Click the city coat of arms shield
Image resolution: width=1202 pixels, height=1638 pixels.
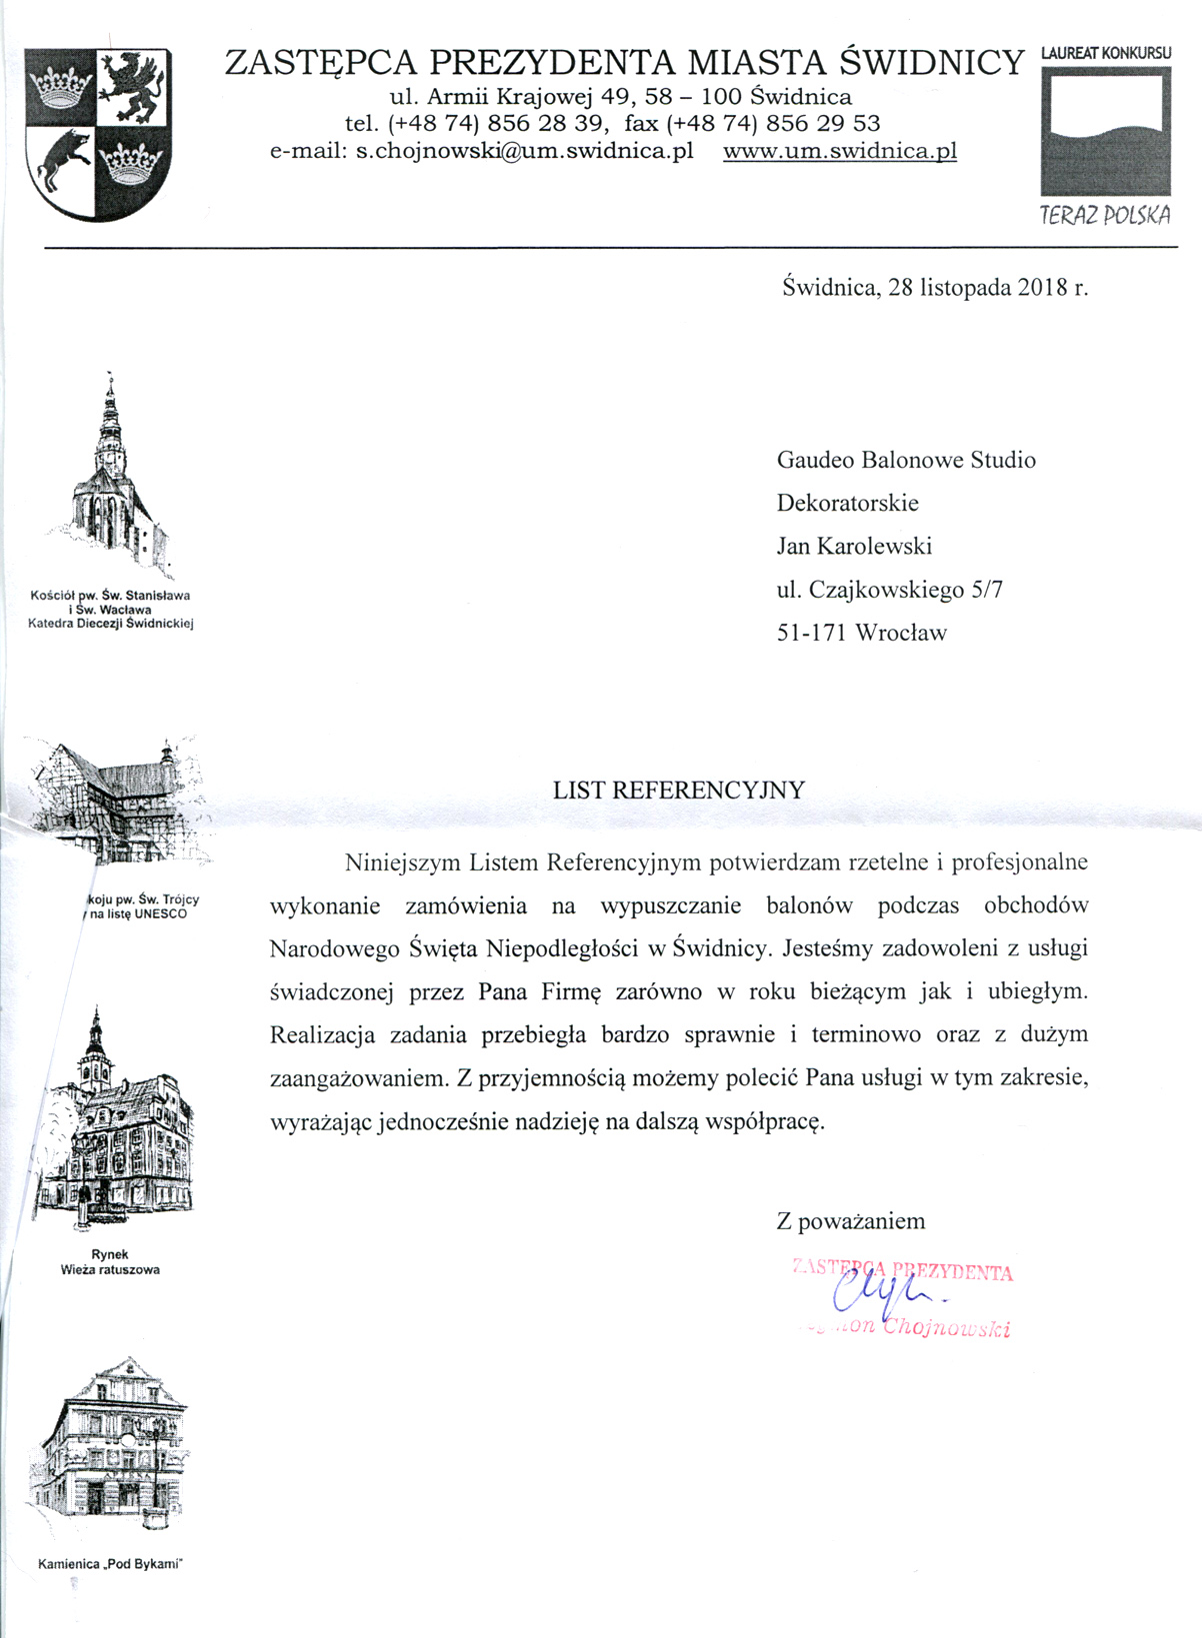pyautogui.click(x=98, y=135)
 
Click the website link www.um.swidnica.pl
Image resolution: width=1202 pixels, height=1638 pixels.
pyautogui.click(x=840, y=151)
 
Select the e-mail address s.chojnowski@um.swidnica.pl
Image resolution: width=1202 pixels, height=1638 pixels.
pyautogui.click(x=525, y=151)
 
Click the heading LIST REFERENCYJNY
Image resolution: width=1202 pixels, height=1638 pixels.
pyautogui.click(x=678, y=790)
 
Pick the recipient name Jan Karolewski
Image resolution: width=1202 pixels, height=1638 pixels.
pyautogui.click(x=854, y=546)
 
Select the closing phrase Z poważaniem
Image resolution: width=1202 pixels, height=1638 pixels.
pyautogui.click(x=850, y=1220)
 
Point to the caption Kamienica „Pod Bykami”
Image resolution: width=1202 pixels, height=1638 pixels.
pyautogui.click(x=111, y=1564)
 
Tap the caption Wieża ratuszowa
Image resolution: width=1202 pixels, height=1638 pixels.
pyautogui.click(x=110, y=1269)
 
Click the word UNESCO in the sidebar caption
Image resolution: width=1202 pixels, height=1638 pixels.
pyautogui.click(x=160, y=913)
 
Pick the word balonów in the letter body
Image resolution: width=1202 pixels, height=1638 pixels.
pyautogui.click(x=809, y=905)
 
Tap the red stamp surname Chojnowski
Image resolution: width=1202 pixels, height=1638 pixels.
pyautogui.click(x=947, y=1328)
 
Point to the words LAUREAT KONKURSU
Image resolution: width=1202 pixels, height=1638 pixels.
pyautogui.click(x=1105, y=52)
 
